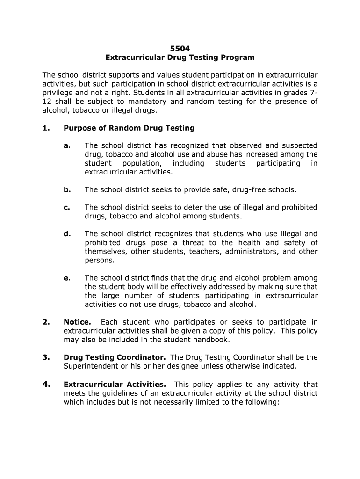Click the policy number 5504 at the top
(x=180, y=48)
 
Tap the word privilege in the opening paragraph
(x=59, y=93)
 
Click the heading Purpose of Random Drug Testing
(x=129, y=128)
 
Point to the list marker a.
(x=67, y=145)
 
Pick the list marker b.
(x=67, y=189)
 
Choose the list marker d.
(x=67, y=233)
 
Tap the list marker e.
(x=67, y=278)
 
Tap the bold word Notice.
(x=77, y=322)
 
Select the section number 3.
(x=46, y=357)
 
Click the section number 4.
(x=46, y=384)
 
